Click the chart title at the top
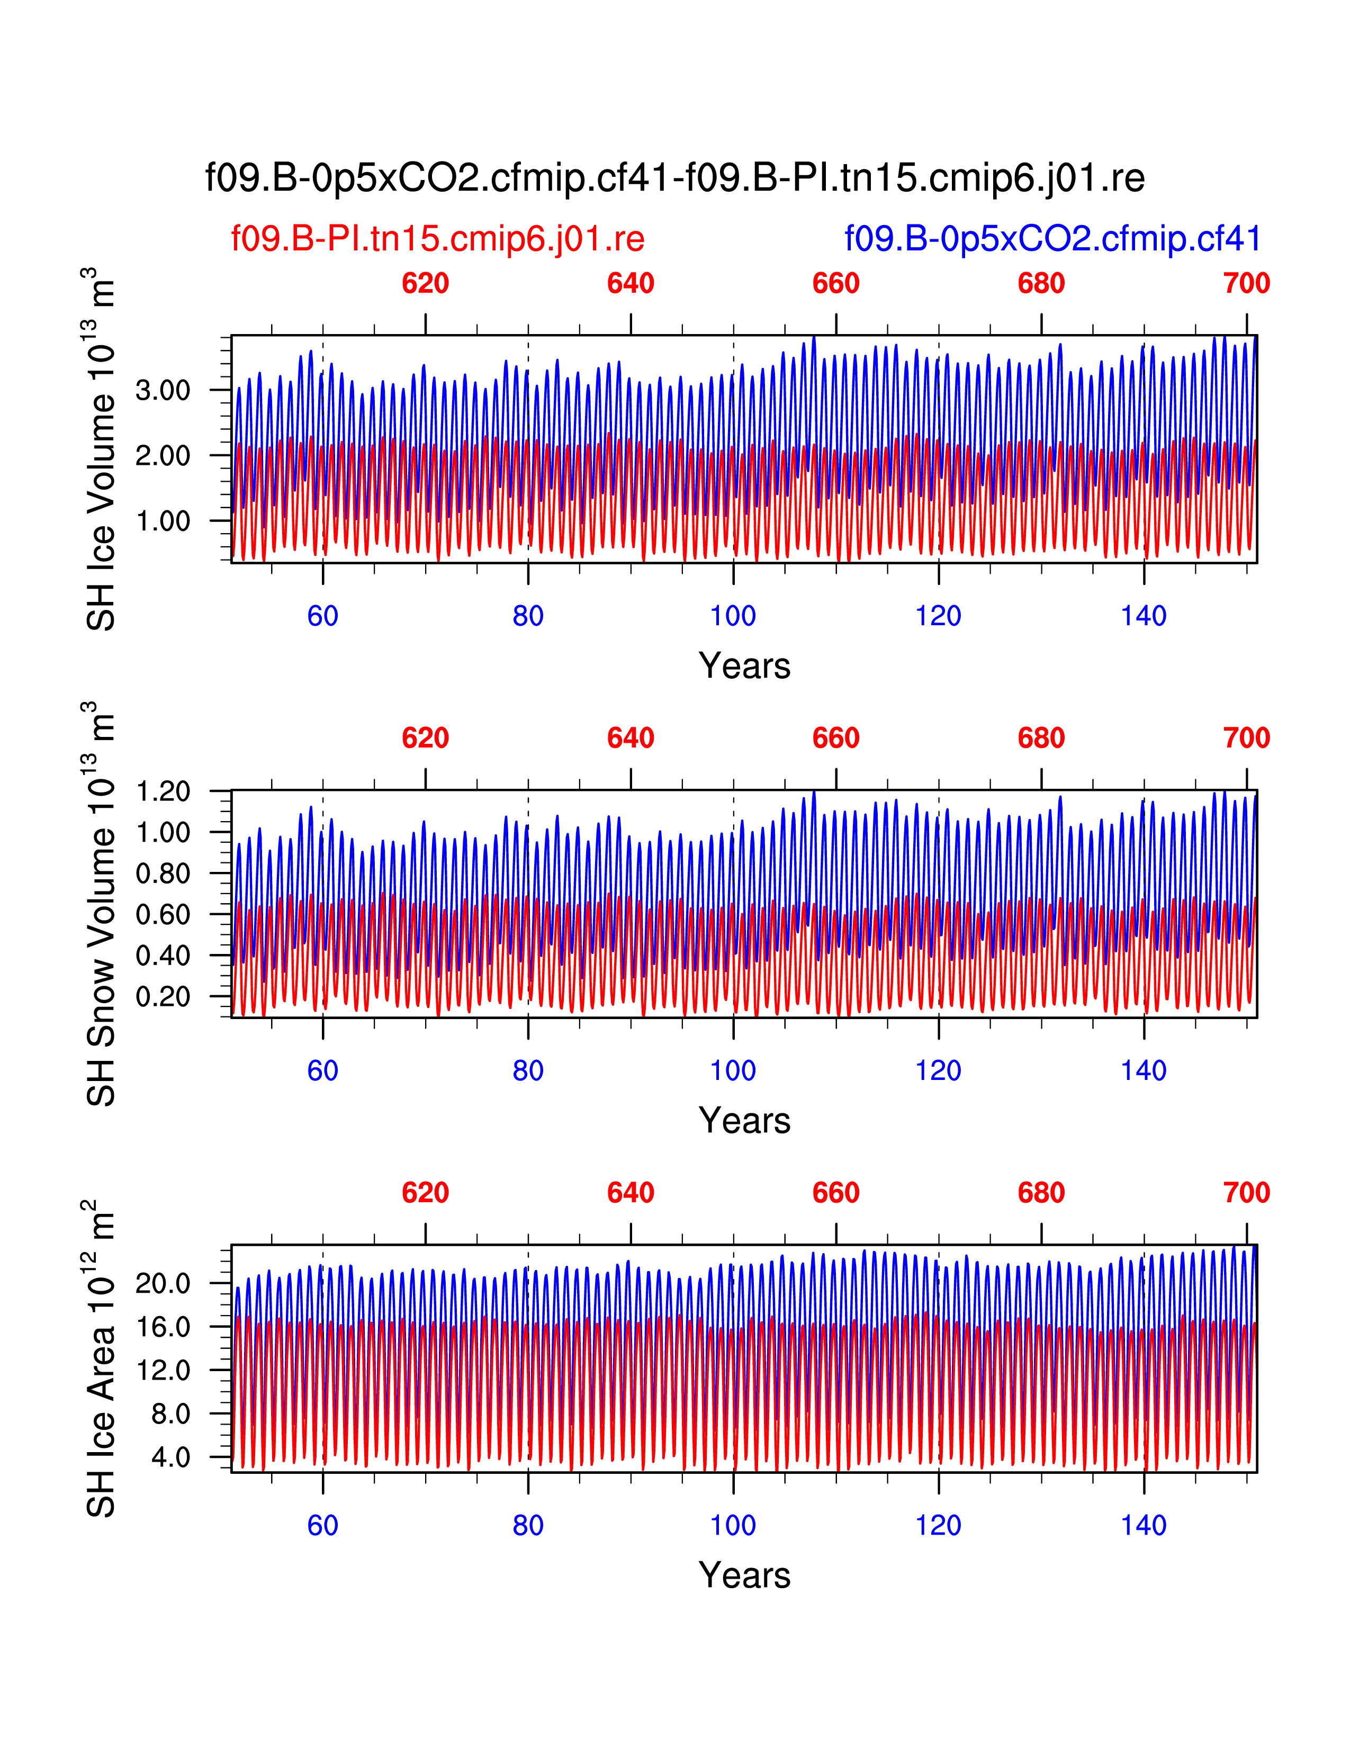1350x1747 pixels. pyautogui.click(x=674, y=177)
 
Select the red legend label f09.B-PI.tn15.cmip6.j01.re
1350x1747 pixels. pyautogui.click(x=437, y=238)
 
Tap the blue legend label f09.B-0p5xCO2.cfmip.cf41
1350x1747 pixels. pyautogui.click(x=1052, y=238)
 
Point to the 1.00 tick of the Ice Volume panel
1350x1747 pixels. pyautogui.click(x=163, y=521)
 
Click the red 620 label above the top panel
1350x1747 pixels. pyautogui.click(x=426, y=283)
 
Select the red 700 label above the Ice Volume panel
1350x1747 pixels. pyautogui.click(x=1246, y=283)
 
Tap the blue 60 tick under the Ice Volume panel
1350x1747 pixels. pyautogui.click(x=323, y=616)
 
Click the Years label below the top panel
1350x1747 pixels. pyautogui.click(x=744, y=665)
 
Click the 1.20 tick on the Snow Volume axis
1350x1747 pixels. pyautogui.click(x=163, y=792)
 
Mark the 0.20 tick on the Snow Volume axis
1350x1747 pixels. pyautogui.click(x=163, y=997)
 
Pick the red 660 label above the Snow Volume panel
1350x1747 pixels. pyautogui.click(x=836, y=737)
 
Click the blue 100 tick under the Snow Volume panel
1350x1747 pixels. pyautogui.click(x=733, y=1070)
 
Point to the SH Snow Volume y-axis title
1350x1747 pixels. pyautogui.click(x=102, y=904)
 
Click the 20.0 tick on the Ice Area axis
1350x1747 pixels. pyautogui.click(x=163, y=1284)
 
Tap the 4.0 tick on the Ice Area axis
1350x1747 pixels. pyautogui.click(x=170, y=1457)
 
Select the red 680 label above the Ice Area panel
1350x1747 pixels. pyautogui.click(x=1041, y=1193)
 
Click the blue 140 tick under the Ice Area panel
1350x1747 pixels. pyautogui.click(x=1144, y=1525)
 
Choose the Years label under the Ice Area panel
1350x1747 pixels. pyautogui.click(x=744, y=1575)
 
